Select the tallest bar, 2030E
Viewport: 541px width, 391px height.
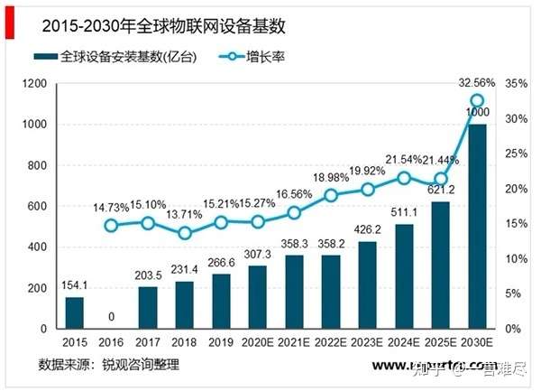click(477, 227)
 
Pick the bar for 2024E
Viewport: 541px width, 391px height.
click(404, 276)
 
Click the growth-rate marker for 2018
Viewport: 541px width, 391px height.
click(184, 233)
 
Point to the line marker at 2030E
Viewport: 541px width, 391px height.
click(477, 101)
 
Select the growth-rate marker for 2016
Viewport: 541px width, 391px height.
click(111, 226)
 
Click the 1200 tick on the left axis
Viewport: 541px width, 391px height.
click(35, 84)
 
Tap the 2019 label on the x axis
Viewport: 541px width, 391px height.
click(220, 343)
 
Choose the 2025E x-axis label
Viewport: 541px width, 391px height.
click(440, 343)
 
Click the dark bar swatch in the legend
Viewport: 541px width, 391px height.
click(47, 57)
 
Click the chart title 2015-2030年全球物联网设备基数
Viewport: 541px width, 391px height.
click(134, 19)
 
